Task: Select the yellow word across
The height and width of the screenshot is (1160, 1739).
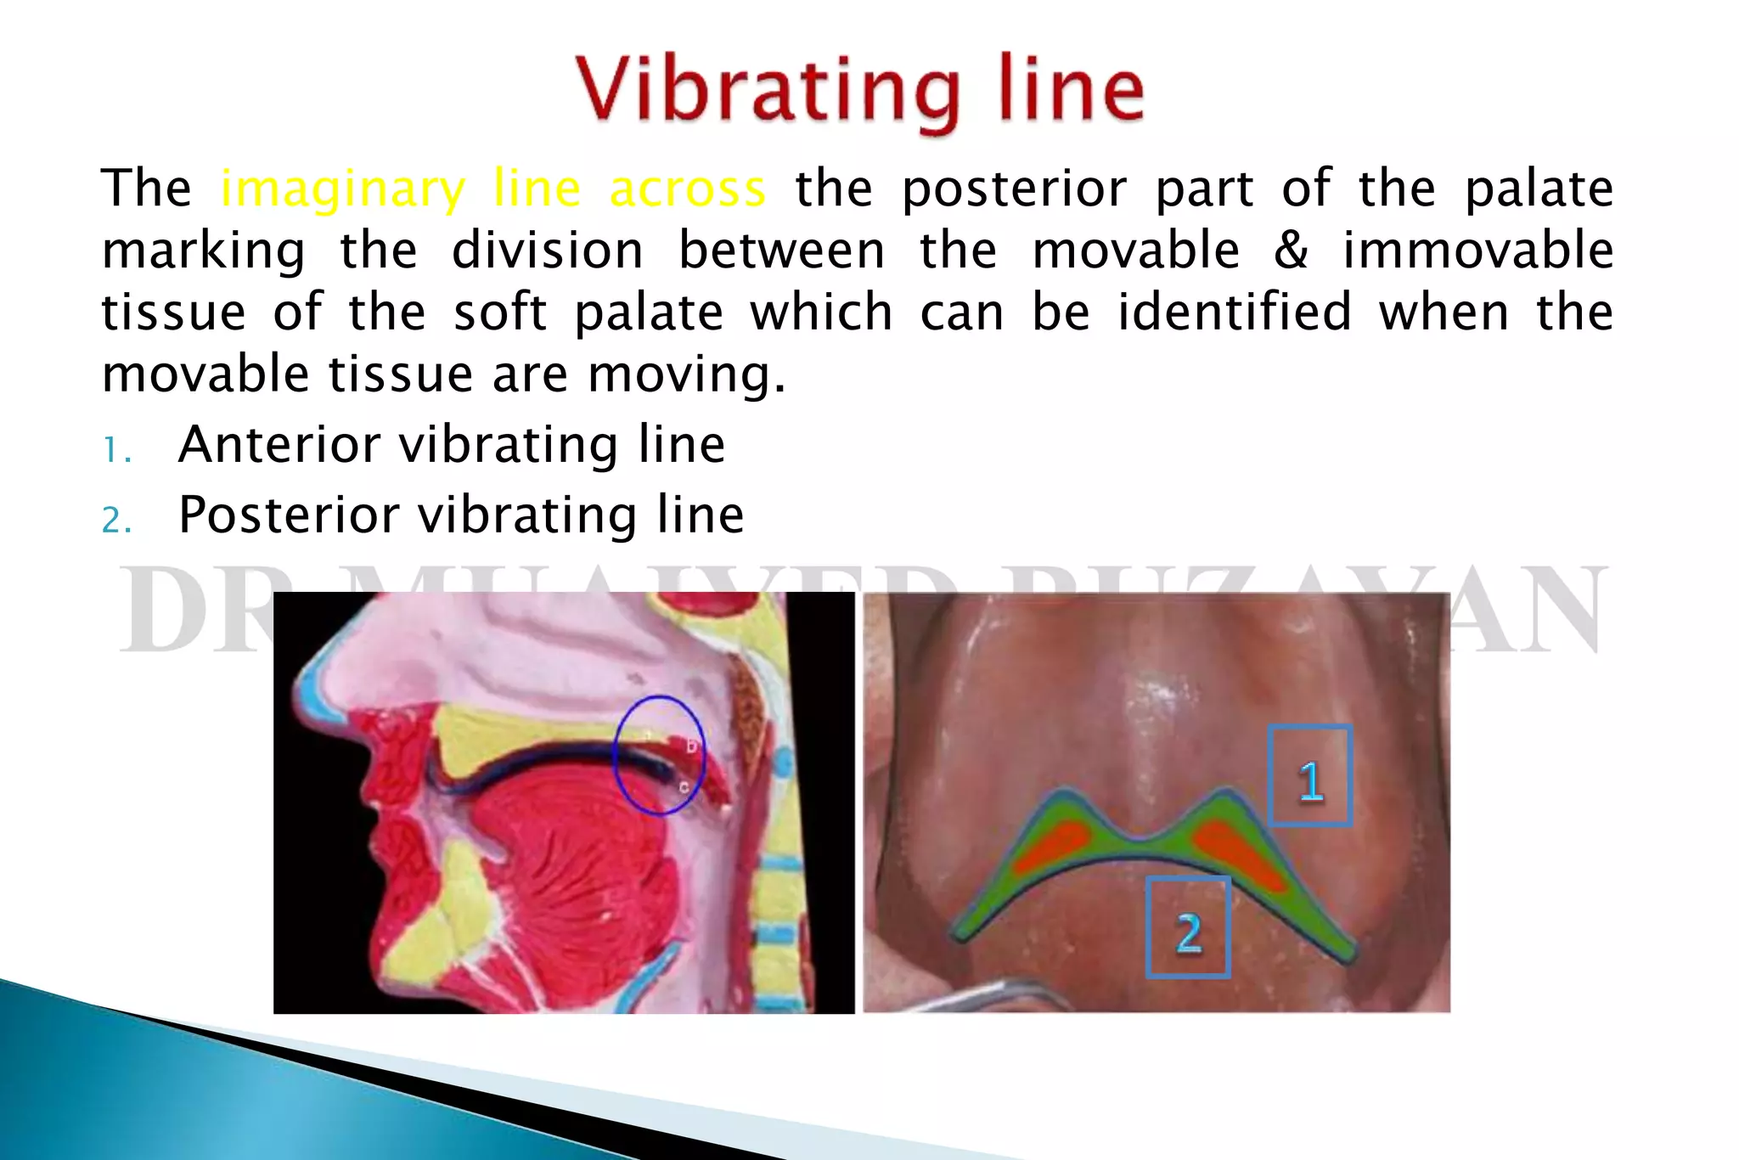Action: coord(688,189)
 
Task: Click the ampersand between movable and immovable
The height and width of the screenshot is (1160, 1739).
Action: coord(1291,251)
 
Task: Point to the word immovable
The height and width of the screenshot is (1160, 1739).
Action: coord(1477,251)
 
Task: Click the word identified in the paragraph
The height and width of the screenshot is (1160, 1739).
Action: coord(1234,312)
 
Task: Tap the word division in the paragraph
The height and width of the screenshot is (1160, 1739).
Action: coord(548,251)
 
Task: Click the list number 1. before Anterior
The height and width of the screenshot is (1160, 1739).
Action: coord(116,450)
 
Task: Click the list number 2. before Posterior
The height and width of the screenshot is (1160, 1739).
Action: coord(116,520)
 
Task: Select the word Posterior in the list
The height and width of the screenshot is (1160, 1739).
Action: coord(289,515)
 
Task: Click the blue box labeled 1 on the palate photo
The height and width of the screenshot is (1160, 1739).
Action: coord(1309,776)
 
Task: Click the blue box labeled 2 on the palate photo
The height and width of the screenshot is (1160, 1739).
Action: coord(1188,927)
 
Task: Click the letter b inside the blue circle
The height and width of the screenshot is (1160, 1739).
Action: coord(690,746)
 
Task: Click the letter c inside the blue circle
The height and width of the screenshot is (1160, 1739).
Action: coord(684,788)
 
